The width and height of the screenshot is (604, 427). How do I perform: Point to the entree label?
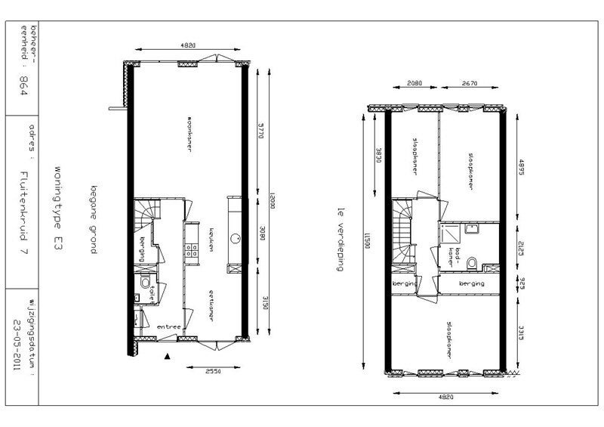click(168, 327)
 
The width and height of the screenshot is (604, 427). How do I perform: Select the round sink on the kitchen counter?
click(234, 240)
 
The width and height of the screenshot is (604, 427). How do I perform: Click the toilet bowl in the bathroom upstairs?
click(472, 263)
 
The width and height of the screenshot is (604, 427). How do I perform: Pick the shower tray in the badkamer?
click(473, 231)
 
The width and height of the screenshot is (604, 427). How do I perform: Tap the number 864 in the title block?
click(23, 83)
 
